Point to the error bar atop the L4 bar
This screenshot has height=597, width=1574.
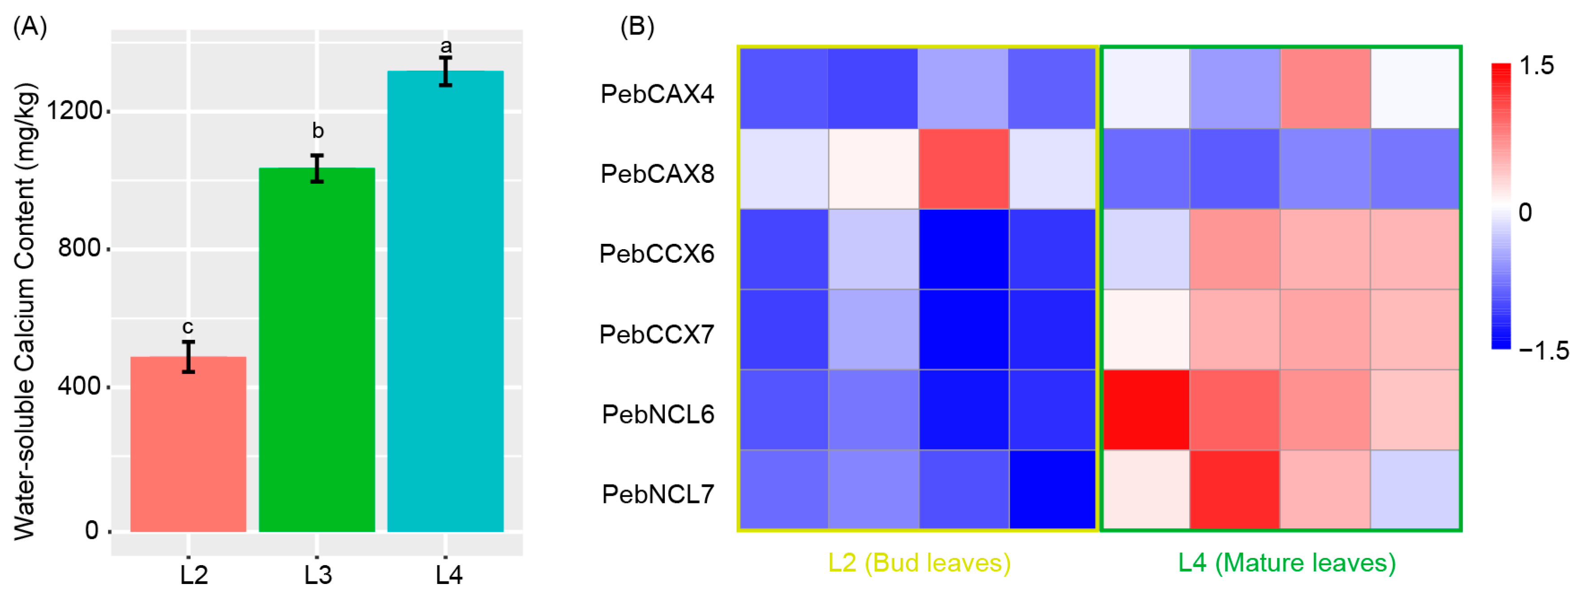(445, 72)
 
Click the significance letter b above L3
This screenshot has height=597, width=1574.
(318, 131)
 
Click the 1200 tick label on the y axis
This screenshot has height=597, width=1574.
(74, 111)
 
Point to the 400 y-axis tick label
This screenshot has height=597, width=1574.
(79, 386)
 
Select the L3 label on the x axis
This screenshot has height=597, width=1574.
(318, 575)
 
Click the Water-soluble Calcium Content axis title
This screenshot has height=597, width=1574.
(26, 311)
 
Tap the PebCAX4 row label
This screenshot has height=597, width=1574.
(657, 94)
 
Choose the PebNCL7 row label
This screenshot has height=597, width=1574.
(658, 494)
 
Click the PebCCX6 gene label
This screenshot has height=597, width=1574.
(657, 254)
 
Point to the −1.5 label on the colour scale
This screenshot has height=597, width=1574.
(1543, 351)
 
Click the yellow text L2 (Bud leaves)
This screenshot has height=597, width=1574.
(919, 562)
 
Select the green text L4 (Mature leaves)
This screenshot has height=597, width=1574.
(1287, 562)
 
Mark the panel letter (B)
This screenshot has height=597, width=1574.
(637, 26)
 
